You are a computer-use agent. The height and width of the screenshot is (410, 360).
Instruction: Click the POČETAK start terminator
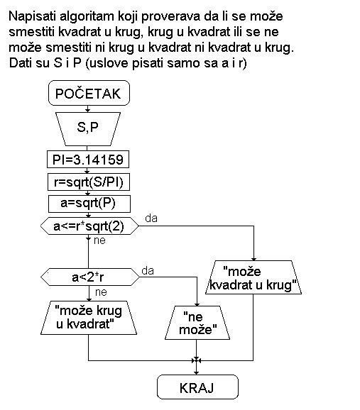[x=89, y=93]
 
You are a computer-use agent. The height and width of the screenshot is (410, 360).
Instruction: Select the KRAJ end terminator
[x=197, y=387]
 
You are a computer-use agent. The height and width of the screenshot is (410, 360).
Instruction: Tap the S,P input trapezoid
[x=88, y=129]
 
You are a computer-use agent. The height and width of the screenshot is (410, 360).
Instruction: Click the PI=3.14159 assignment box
[x=88, y=159]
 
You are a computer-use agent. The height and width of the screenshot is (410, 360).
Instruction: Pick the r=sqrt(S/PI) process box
[x=89, y=182]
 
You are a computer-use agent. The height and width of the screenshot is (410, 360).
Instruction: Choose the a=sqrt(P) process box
[x=89, y=204]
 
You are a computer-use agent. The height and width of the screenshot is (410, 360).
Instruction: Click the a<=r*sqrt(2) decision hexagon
[x=89, y=226]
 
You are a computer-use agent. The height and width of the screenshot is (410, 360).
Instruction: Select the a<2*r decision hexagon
[x=90, y=277]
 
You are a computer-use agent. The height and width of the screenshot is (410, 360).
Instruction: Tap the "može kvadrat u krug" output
[x=253, y=277]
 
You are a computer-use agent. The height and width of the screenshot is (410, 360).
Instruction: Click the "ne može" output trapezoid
[x=197, y=323]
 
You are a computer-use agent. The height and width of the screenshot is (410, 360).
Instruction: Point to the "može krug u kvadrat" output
[x=89, y=318]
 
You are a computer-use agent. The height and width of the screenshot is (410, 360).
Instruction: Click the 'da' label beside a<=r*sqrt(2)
[x=151, y=218]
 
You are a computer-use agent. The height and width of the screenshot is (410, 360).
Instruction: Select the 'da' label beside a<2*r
[x=148, y=271]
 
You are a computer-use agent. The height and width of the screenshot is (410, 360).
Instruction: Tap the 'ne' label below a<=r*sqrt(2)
[x=99, y=240]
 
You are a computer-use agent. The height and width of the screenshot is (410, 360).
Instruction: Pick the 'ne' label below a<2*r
[x=101, y=292]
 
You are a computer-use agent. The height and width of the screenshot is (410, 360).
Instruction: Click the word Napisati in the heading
[x=32, y=17]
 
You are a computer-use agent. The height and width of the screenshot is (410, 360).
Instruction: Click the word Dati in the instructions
[x=21, y=63]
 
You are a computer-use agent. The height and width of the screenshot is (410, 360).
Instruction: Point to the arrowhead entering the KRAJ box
[x=196, y=372]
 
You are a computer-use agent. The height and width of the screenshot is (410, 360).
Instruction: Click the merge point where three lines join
[x=196, y=361]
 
